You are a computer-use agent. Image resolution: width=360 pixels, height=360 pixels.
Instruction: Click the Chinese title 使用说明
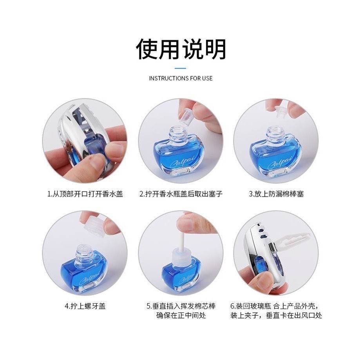pos(181,49)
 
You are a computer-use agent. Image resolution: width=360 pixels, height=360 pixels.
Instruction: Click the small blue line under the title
pos(180,68)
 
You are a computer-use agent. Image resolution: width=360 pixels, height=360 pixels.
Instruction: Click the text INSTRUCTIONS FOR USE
pos(181,78)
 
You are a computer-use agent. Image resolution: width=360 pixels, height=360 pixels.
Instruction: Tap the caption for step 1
pos(85,194)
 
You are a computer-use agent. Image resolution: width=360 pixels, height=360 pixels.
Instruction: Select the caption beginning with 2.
pos(181,194)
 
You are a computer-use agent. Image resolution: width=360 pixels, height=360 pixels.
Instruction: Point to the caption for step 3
pos(276,194)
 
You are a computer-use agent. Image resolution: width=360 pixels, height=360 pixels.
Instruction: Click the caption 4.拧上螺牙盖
pos(85,306)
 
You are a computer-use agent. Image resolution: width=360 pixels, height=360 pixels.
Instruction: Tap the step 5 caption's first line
pos(181,306)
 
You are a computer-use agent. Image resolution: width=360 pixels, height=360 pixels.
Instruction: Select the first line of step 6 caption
pos(276,306)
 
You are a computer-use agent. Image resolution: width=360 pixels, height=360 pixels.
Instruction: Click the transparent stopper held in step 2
pos(185,114)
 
